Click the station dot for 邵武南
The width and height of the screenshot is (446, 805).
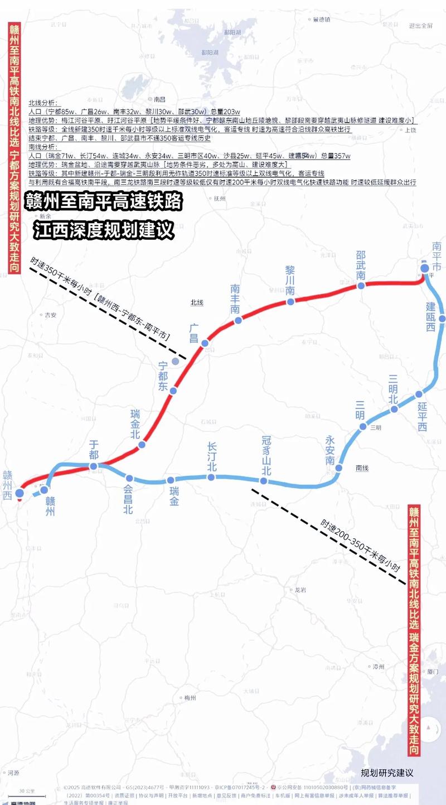click(x=361, y=286)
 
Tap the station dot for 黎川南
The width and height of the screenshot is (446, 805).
click(x=290, y=302)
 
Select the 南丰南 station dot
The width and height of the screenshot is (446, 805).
click(x=238, y=320)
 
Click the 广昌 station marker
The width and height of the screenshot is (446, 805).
click(x=205, y=343)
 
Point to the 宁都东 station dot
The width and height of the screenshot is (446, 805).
click(x=173, y=391)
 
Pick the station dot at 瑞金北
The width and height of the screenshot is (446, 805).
click(x=142, y=445)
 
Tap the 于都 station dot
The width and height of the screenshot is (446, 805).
click(x=94, y=466)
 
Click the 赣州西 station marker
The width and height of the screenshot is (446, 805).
click(x=20, y=493)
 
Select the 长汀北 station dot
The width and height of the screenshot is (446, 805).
click(x=211, y=477)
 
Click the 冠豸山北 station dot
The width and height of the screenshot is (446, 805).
click(x=264, y=481)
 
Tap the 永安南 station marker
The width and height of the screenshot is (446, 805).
click(x=338, y=468)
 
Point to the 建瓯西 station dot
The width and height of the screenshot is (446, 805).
click(x=442, y=319)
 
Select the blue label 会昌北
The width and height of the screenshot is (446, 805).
click(x=128, y=500)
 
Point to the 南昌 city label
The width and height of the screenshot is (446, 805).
click(x=160, y=99)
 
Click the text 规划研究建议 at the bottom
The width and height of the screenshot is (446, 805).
click(x=387, y=773)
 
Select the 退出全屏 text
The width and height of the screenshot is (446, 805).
click(x=420, y=26)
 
